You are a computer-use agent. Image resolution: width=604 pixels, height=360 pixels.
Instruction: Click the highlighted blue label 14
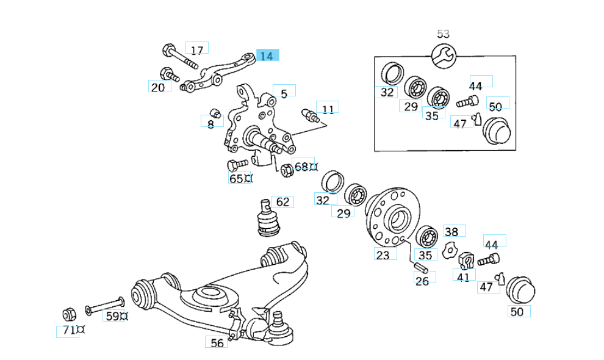[x=267, y=56]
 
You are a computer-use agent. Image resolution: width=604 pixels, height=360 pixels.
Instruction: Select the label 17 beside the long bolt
[x=196, y=49]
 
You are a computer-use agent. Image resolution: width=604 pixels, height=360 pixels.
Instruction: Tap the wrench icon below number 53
[x=443, y=56]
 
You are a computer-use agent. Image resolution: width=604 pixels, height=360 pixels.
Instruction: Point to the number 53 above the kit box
[x=443, y=34]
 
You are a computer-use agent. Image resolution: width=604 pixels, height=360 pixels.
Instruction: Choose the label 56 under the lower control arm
[x=217, y=343]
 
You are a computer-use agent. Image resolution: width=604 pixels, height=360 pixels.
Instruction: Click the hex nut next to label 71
[x=69, y=314]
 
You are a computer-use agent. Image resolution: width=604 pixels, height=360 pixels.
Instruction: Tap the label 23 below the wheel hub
[x=383, y=255]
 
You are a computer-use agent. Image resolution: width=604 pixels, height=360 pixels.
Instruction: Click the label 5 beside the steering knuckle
[x=284, y=93]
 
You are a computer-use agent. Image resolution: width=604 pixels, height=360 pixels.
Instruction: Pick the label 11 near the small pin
[x=328, y=109]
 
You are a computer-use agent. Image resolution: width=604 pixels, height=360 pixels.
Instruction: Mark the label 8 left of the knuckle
[x=211, y=123]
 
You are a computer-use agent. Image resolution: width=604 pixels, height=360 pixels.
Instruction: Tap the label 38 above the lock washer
[x=451, y=232]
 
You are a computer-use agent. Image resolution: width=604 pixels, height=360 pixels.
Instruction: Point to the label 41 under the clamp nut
[x=464, y=276]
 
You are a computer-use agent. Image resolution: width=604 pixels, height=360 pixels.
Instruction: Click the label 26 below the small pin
[x=422, y=280]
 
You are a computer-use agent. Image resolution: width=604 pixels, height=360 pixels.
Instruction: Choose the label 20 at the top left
[x=158, y=87]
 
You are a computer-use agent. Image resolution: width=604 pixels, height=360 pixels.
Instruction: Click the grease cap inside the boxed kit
[x=495, y=129]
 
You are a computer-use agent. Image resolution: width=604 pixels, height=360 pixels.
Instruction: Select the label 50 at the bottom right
[x=517, y=312]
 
